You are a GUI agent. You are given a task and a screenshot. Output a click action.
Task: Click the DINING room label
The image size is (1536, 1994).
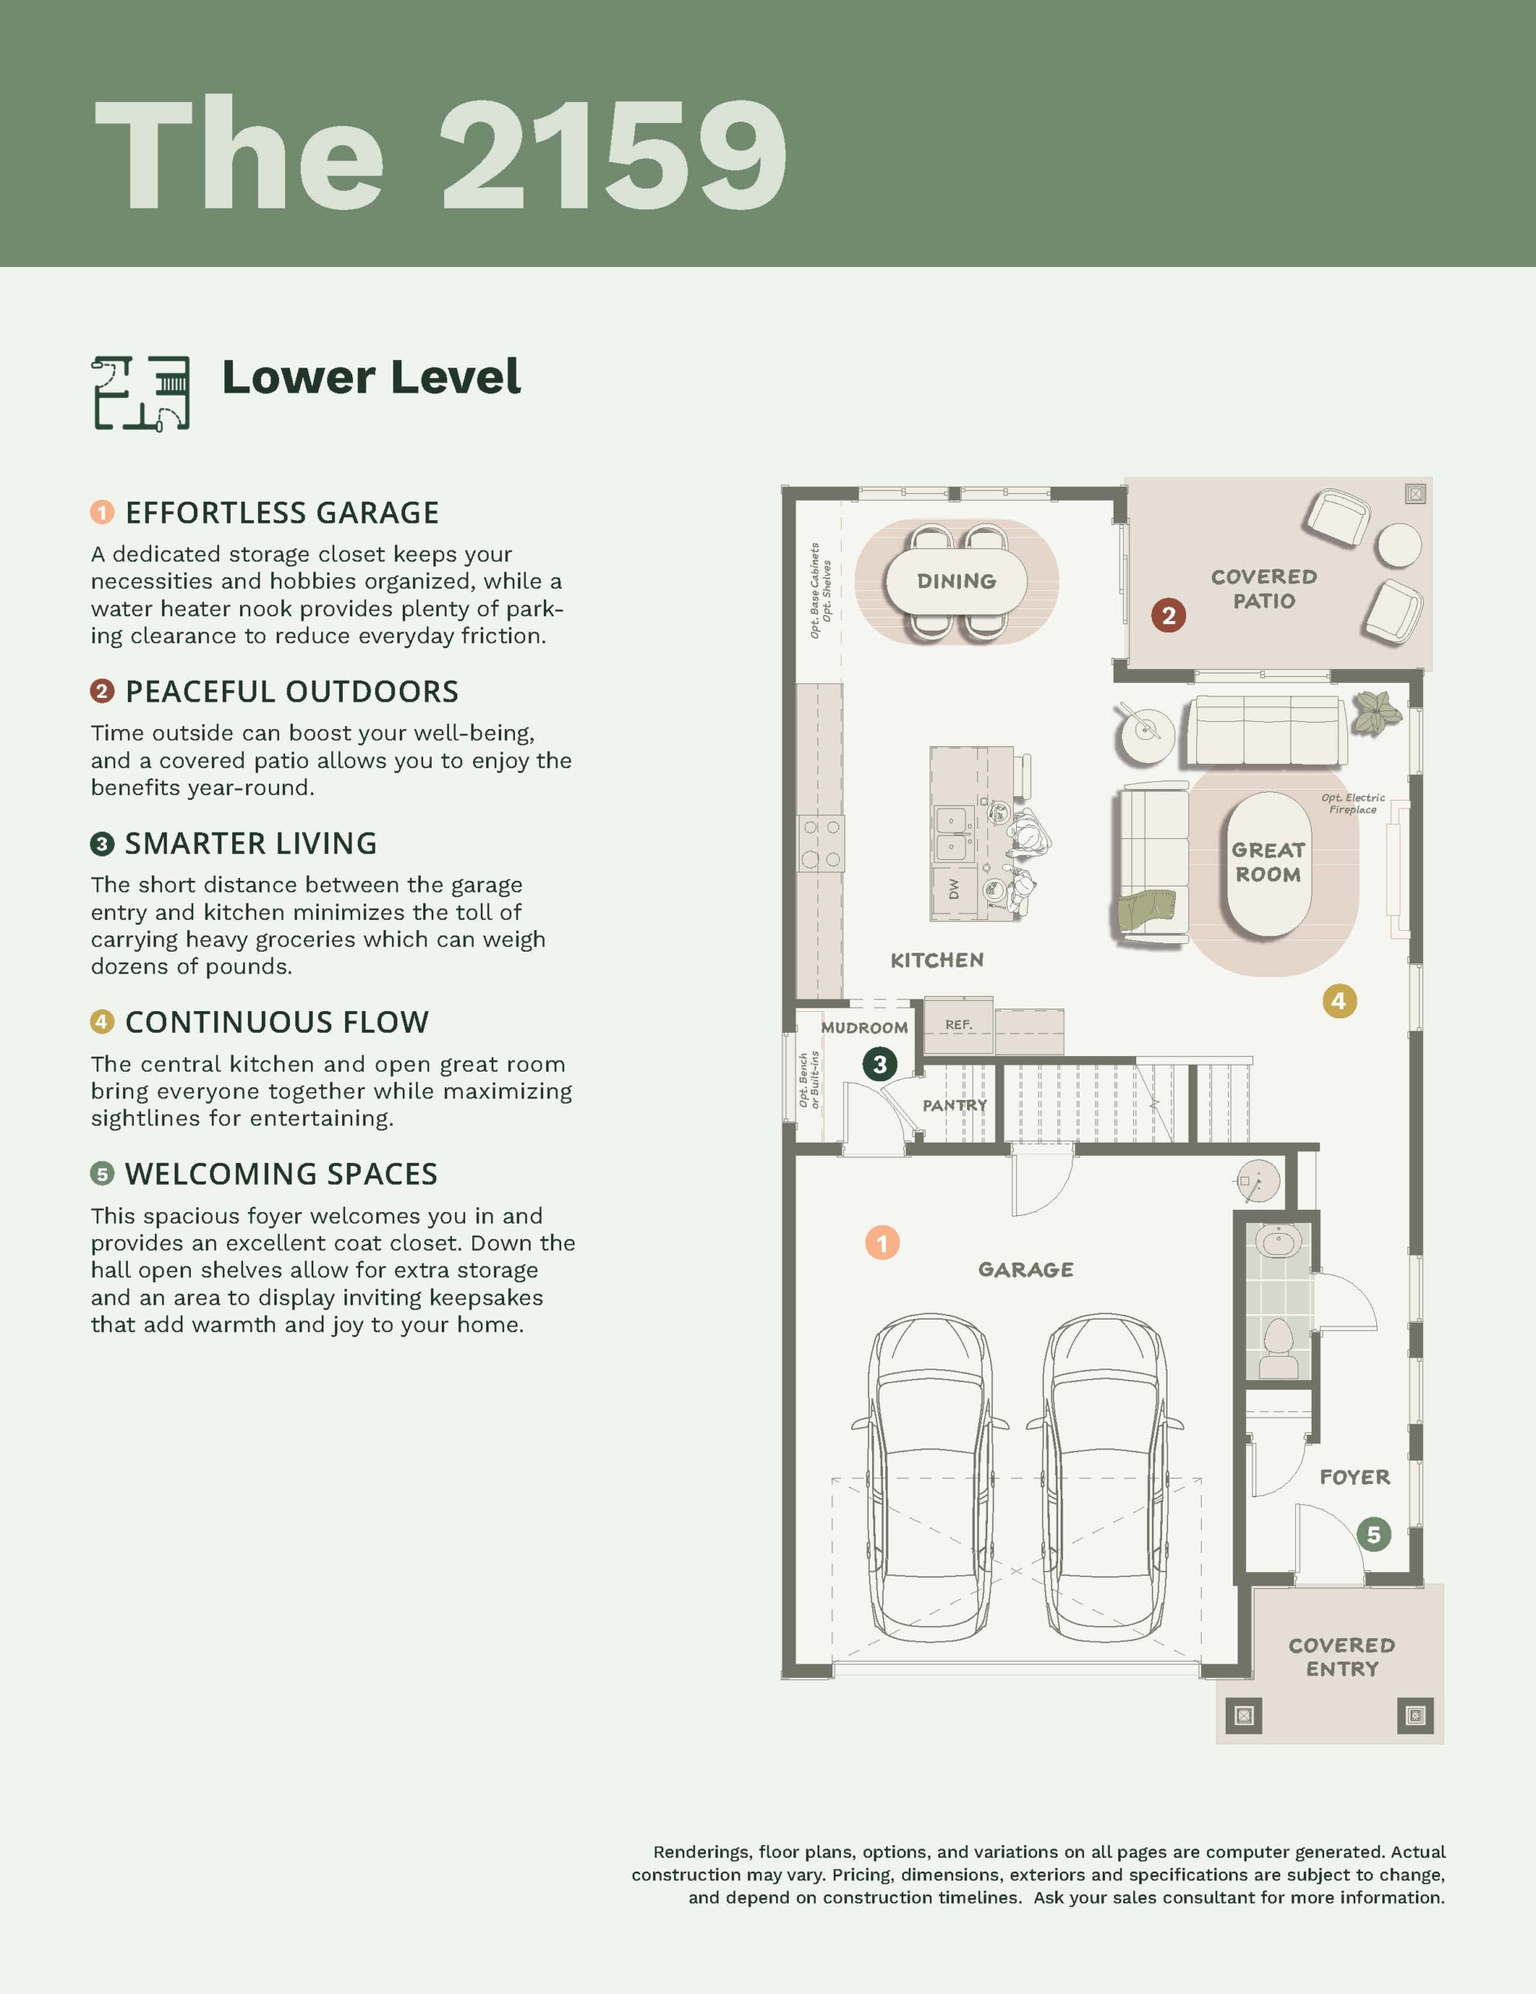tap(956, 580)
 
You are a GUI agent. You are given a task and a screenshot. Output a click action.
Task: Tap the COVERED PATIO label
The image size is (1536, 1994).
tap(1264, 589)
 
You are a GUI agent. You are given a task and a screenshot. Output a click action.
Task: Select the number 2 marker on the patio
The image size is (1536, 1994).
tap(1168, 615)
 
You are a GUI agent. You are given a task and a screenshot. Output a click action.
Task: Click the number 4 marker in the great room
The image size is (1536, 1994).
tap(1339, 1001)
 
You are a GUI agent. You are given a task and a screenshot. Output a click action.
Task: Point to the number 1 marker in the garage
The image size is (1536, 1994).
tap(882, 1242)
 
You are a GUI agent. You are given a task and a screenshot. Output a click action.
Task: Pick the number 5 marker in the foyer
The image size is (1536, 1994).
tap(1373, 1534)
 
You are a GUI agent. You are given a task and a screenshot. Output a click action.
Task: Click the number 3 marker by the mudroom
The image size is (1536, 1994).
tap(879, 1064)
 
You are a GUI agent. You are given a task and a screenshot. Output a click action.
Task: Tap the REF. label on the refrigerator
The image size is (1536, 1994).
tap(959, 1024)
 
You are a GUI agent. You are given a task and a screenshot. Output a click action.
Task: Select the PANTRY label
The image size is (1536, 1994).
tap(955, 1104)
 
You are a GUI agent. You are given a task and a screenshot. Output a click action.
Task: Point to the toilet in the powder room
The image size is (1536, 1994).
tap(1279, 1348)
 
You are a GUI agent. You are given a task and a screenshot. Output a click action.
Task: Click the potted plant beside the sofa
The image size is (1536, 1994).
tap(1376, 711)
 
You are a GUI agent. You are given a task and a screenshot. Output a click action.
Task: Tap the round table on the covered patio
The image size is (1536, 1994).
tap(1399, 546)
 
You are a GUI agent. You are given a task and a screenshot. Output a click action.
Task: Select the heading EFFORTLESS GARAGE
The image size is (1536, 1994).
tap(282, 513)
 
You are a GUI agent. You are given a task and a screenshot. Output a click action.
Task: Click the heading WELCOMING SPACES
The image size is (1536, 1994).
tap(281, 1174)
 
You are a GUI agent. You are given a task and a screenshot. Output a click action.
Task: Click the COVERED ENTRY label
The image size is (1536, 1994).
tap(1341, 1657)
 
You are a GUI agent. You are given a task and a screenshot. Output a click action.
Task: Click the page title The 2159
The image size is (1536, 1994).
tap(440, 154)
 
